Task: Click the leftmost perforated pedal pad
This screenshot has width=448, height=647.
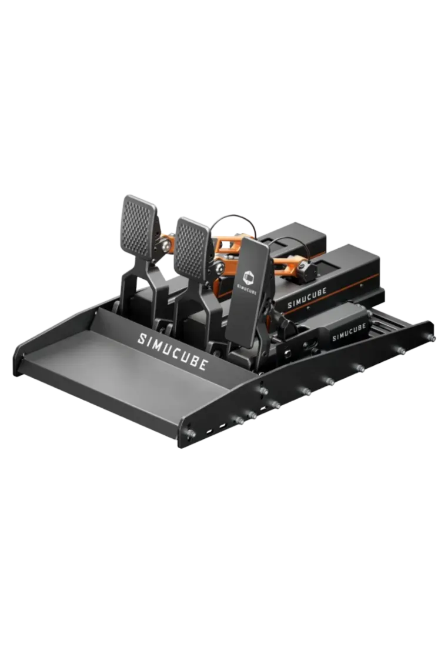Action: click(139, 227)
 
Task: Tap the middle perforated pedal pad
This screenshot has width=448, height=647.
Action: click(192, 249)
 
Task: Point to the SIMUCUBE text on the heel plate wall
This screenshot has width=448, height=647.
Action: click(172, 351)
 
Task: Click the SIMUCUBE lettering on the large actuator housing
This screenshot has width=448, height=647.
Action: click(307, 298)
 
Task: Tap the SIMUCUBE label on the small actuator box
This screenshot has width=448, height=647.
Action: click(349, 332)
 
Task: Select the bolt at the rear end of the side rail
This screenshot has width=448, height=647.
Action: click(432, 338)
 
